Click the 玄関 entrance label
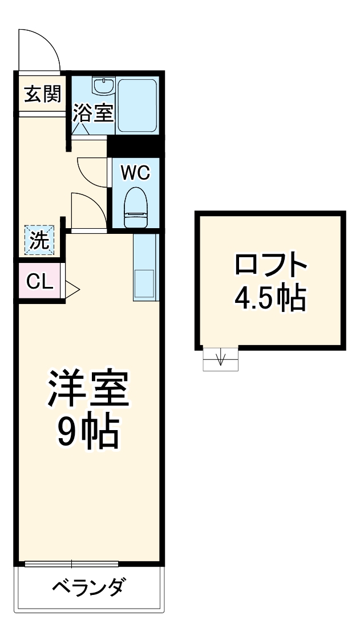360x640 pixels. (x=42, y=94)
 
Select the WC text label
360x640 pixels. (x=136, y=173)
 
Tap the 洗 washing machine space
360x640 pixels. (x=39, y=240)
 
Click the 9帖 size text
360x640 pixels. (x=88, y=433)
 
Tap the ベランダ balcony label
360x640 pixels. (x=88, y=587)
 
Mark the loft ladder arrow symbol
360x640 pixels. (x=221, y=359)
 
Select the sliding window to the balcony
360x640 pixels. (x=71, y=564)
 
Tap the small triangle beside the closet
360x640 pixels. (x=73, y=289)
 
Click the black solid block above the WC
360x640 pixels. (x=135, y=145)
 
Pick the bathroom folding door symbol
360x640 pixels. (x=80, y=129)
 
